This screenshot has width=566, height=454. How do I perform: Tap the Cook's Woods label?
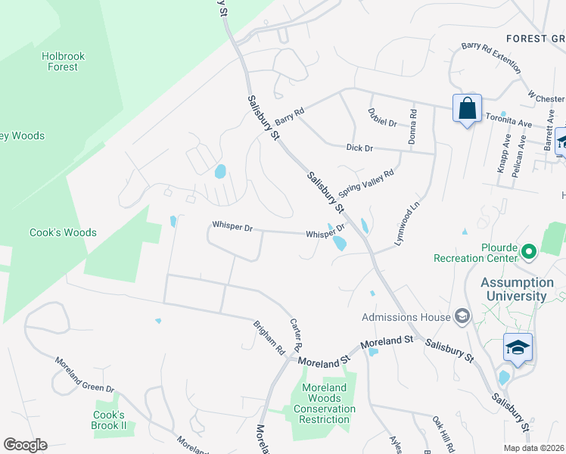pos(63,233)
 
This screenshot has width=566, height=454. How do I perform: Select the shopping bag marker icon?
pos(467,108)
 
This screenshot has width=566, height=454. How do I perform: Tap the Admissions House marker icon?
pos(462,317)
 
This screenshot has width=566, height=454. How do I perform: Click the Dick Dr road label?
pos(359,148)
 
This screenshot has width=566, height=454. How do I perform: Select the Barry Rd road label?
pos(289,116)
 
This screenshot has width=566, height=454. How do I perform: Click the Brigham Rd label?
pos(269,338)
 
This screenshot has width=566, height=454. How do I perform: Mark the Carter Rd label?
pos(297,334)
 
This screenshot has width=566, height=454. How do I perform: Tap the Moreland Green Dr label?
pos(84,375)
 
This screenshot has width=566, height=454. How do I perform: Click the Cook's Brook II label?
pos(109,420)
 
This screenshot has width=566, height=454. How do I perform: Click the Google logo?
pos(25,445)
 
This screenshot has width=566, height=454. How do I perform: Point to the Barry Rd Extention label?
pos(491,58)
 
